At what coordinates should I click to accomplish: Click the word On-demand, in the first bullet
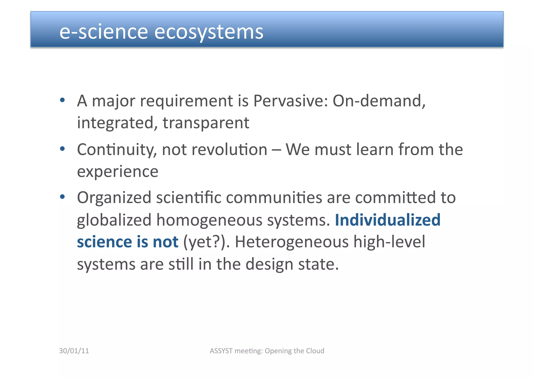[379, 101]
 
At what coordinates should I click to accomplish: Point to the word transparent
[206, 123]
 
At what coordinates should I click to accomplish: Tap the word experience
[118, 172]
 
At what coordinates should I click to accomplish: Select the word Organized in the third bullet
[114, 198]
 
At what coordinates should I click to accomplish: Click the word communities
[274, 198]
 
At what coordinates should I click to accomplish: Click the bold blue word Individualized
[387, 220]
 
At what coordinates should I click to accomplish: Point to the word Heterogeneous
[292, 242]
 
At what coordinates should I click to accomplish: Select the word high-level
[389, 242]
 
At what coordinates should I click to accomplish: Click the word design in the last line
[269, 264]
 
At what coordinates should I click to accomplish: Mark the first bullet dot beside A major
[62, 100]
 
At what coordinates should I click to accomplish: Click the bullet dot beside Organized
[62, 197]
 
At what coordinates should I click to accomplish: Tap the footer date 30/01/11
[74, 351]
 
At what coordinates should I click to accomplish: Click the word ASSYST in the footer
[221, 351]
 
